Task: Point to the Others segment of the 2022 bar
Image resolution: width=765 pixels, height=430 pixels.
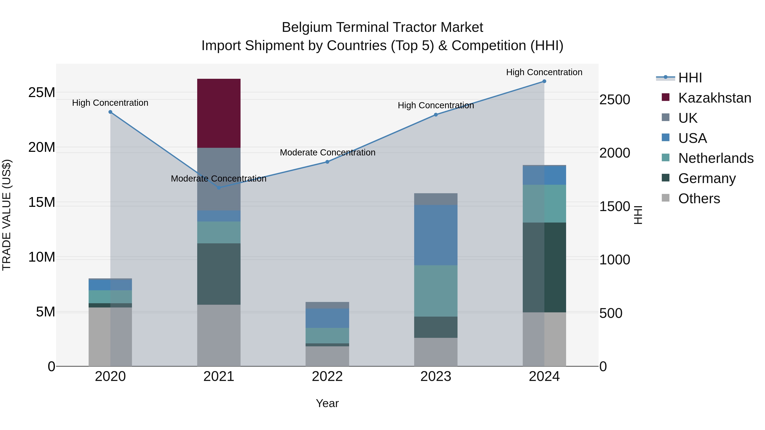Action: coord(327,356)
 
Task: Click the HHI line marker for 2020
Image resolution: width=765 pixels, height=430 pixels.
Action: coord(110,112)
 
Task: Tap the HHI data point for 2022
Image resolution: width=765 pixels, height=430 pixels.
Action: coord(327,162)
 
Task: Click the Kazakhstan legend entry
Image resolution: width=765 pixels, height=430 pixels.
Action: coord(714,98)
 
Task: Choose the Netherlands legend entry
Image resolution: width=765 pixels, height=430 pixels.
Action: coord(715,158)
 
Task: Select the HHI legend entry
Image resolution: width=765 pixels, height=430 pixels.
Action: coord(690,78)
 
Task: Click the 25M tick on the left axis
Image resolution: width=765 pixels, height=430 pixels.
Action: coord(42,93)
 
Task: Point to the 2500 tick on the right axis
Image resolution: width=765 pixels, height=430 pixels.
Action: coord(614,100)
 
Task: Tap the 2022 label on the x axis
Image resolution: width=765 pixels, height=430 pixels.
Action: coord(327,376)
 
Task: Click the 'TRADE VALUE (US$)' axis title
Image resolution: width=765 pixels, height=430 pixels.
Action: coord(7,215)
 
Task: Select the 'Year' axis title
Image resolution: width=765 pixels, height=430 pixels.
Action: coord(327,403)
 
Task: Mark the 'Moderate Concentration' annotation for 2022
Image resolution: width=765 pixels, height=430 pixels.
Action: coord(327,152)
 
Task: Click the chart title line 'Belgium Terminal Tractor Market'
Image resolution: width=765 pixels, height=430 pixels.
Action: coord(382,27)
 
